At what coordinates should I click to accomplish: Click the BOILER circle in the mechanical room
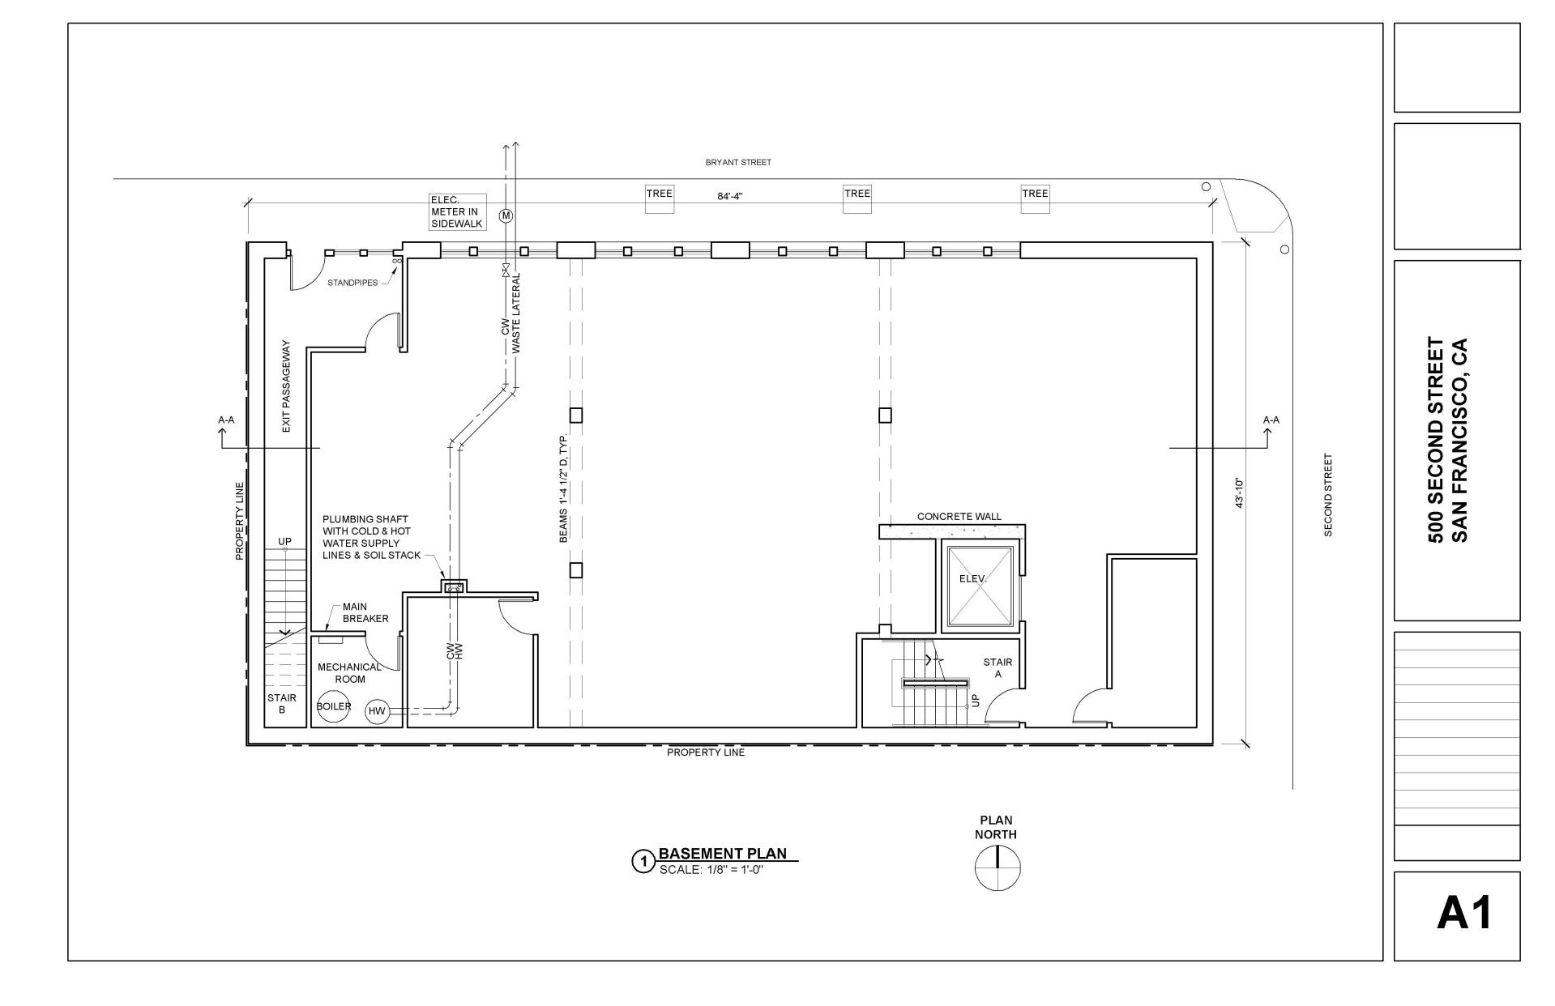[x=334, y=706]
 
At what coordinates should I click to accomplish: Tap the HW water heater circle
[x=377, y=711]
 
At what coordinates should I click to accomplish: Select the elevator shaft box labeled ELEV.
[x=980, y=587]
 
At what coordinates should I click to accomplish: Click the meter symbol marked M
[x=506, y=215]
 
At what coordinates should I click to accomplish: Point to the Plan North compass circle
[x=997, y=867]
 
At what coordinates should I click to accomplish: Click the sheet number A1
[x=1464, y=914]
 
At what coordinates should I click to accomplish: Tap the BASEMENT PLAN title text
[x=723, y=853]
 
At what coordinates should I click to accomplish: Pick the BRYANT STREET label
[x=738, y=162]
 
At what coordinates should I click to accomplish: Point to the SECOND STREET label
[x=1327, y=495]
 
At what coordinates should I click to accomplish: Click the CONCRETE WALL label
[x=959, y=516]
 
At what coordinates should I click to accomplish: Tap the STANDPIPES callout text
[x=352, y=283]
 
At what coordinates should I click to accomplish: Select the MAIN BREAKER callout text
[x=365, y=612]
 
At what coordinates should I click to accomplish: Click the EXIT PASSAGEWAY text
[x=286, y=396]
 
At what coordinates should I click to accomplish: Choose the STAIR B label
[x=282, y=703]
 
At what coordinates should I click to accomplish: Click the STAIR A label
[x=998, y=667]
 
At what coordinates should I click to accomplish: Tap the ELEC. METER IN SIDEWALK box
[x=458, y=212]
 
